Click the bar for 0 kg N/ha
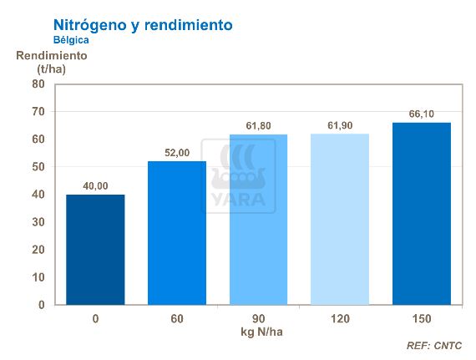click(x=95, y=250)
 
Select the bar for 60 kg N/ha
click(x=176, y=233)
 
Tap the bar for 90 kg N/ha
click(x=258, y=220)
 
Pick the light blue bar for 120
click(x=339, y=220)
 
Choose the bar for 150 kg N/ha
click(x=421, y=214)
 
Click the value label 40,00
click(x=95, y=185)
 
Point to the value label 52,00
click(x=176, y=152)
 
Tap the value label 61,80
click(x=258, y=125)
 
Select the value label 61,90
click(x=339, y=125)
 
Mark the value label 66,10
click(x=421, y=114)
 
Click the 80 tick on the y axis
click(x=38, y=84)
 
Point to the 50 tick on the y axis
click(x=38, y=167)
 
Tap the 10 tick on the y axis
click(x=38, y=277)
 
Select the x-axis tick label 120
click(x=339, y=319)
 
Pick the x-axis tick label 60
click(x=176, y=319)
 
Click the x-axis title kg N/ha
click(x=258, y=332)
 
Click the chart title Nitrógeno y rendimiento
click(x=143, y=25)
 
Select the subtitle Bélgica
click(x=71, y=39)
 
